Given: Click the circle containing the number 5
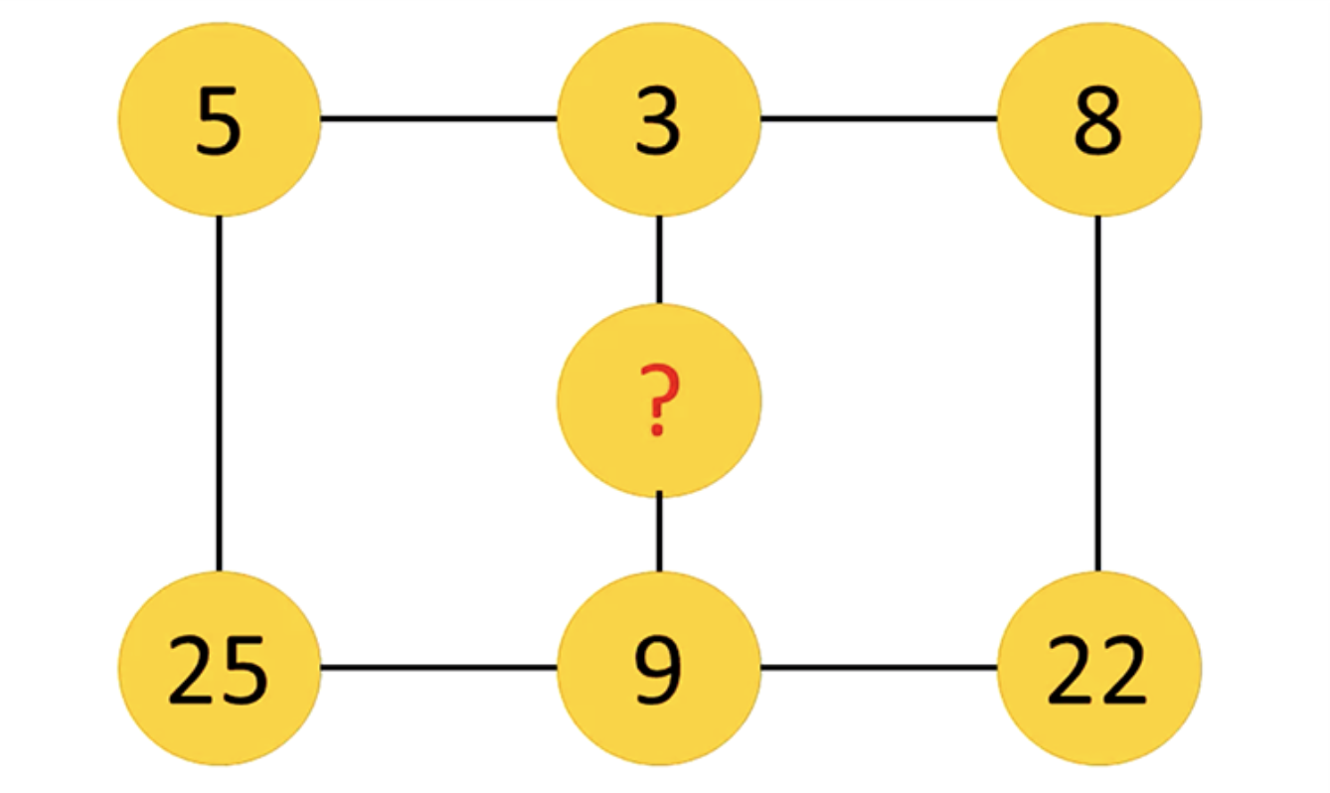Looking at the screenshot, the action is pyautogui.click(x=220, y=119).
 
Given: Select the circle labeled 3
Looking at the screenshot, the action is pyautogui.click(x=659, y=119).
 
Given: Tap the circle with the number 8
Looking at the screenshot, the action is pyautogui.click(x=1099, y=119).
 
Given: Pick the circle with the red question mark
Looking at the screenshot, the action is pyautogui.click(x=659, y=400).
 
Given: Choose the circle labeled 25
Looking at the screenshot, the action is pyautogui.click(x=220, y=669).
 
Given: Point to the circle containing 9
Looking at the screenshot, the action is pyautogui.click(x=659, y=669).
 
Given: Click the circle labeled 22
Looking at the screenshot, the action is pyautogui.click(x=1099, y=669).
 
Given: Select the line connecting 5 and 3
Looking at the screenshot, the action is pyautogui.click(x=439, y=118).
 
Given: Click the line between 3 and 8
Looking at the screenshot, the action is pyautogui.click(x=879, y=118).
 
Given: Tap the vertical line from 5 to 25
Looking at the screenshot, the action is pyautogui.click(x=220, y=394).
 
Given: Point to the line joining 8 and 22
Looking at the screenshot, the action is pyautogui.click(x=1098, y=394).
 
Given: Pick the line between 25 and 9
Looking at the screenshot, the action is pyautogui.click(x=439, y=668).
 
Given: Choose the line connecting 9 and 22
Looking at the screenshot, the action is pyautogui.click(x=879, y=668).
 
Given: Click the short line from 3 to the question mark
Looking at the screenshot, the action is pyautogui.click(x=659, y=260).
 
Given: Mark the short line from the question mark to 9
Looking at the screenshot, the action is pyautogui.click(x=659, y=532).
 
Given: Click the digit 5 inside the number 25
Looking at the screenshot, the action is pyautogui.click(x=244, y=671).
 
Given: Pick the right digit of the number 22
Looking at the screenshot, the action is pyautogui.click(x=1123, y=670).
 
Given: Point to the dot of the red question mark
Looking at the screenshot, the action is pyautogui.click(x=657, y=428).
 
